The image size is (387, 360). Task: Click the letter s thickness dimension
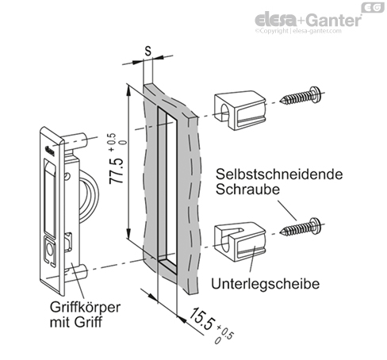[x=148, y=48]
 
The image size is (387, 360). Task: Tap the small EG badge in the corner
[x=371, y=7]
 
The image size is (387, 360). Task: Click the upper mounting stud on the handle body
[x=80, y=140]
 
